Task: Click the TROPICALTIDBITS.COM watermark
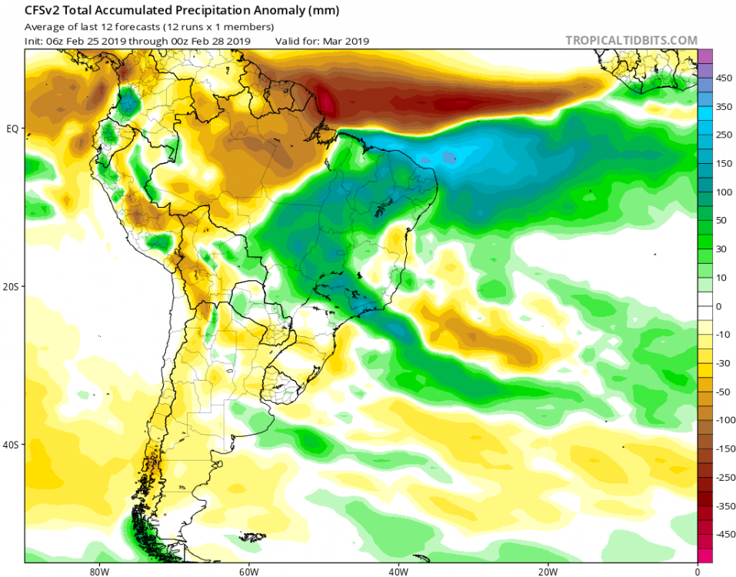pos(631,40)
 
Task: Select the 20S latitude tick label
pos(12,286)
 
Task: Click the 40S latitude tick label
pos(12,445)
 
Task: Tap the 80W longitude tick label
pos(97,571)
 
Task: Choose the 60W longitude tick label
pos(247,571)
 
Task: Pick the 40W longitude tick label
pos(398,571)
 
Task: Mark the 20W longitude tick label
pos(548,571)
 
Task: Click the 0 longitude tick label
pos(698,571)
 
